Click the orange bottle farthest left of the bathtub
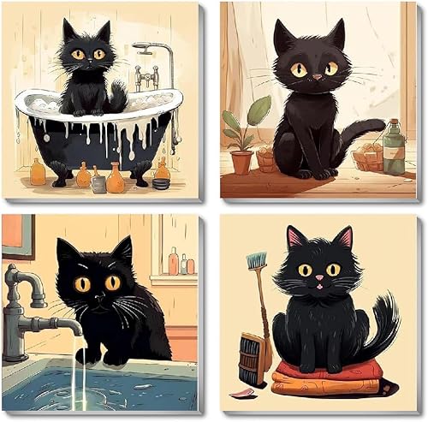[x=37, y=173]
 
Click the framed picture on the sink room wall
[x=17, y=235]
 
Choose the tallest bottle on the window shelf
[x=174, y=260]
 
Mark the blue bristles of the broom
[x=256, y=261]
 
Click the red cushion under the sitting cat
[x=325, y=369]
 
